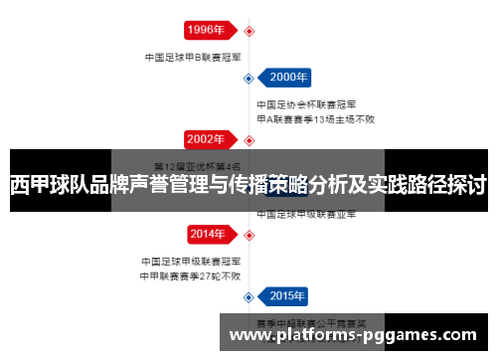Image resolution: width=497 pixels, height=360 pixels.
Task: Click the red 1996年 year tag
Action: tap(207, 29)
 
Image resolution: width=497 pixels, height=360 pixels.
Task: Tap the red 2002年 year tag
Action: tap(207, 139)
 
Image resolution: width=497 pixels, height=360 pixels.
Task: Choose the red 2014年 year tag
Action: tap(207, 235)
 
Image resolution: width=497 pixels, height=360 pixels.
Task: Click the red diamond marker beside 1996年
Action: tap(248, 29)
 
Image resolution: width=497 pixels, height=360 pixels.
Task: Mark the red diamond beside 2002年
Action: tap(248, 139)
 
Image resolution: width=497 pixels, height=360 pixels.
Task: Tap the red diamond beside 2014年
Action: tap(248, 235)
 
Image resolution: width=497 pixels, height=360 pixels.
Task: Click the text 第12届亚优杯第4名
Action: tap(196, 165)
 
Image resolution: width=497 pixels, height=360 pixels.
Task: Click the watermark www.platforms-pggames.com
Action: tap(359, 336)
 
